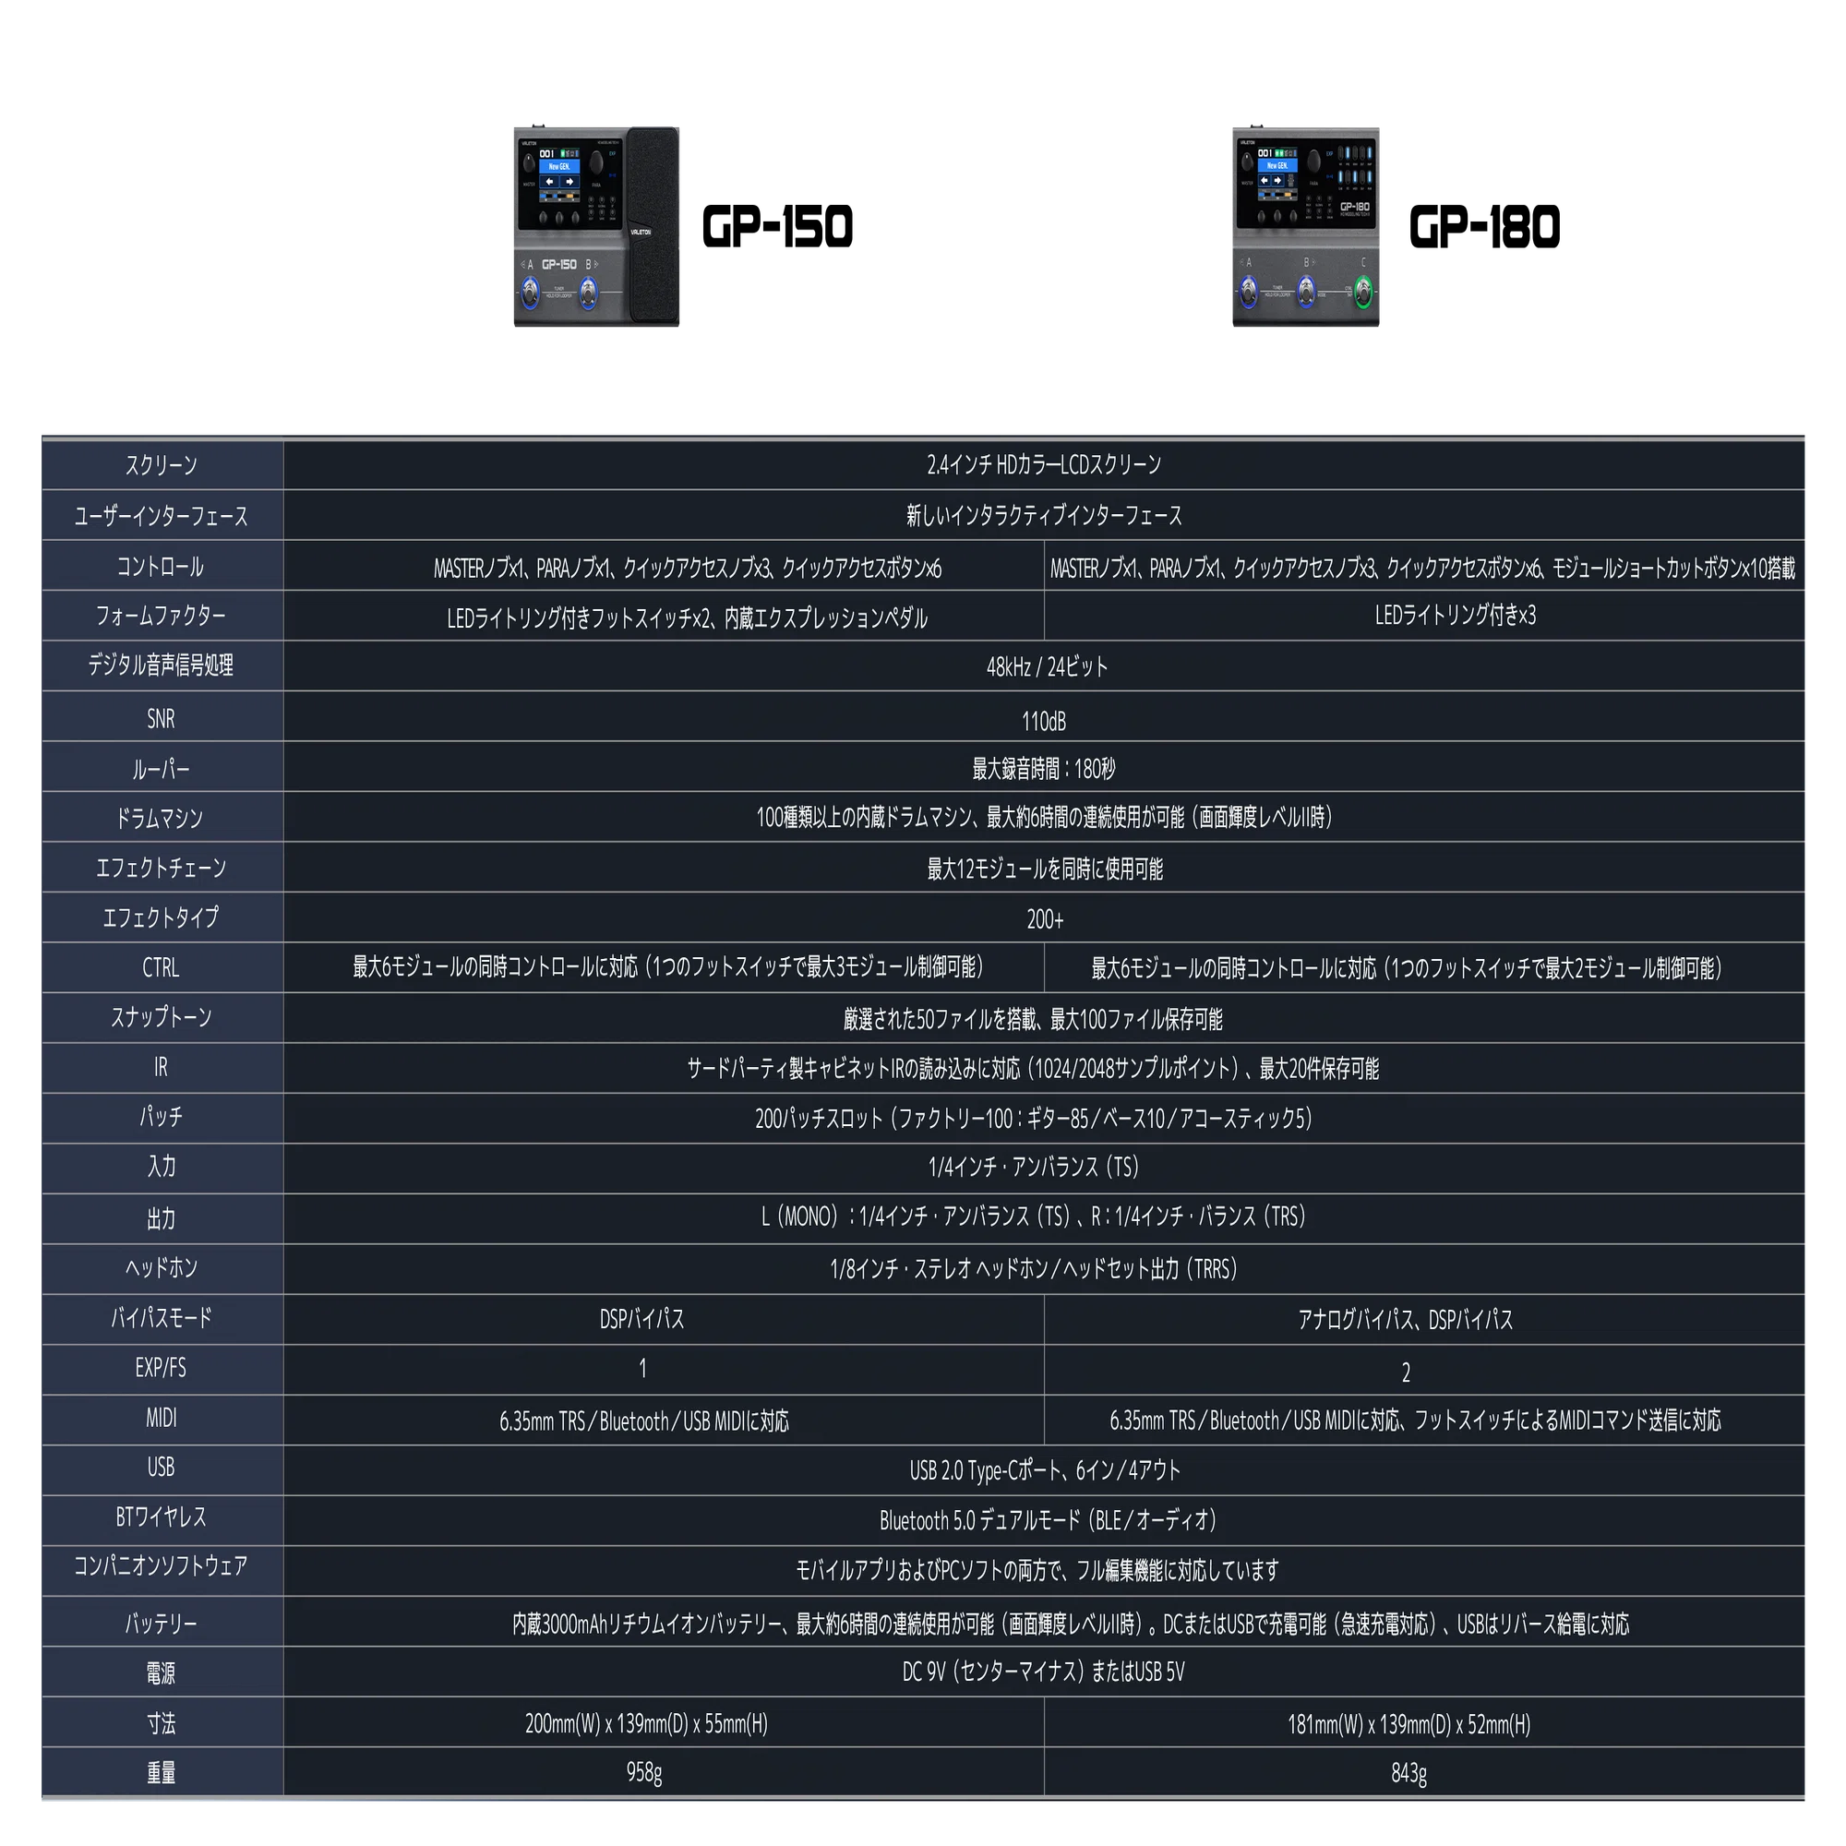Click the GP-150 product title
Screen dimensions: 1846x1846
point(777,227)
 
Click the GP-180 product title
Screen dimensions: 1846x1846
point(1484,227)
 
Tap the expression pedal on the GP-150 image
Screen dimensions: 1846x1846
point(653,225)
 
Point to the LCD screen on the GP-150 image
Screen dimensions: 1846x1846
point(559,174)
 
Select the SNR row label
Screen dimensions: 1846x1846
point(161,718)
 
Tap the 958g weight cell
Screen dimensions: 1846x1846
point(644,1773)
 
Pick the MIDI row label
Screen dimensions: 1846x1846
point(161,1418)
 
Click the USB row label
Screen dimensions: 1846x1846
point(161,1467)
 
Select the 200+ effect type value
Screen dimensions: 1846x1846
point(1044,919)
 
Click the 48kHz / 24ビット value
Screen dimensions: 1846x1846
point(1047,667)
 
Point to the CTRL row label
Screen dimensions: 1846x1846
point(161,968)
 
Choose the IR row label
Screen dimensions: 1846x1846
point(161,1067)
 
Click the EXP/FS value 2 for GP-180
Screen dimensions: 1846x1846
point(1406,1373)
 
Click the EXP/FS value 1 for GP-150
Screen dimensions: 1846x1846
point(643,1368)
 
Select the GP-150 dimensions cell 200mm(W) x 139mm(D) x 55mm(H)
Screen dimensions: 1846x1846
point(646,1723)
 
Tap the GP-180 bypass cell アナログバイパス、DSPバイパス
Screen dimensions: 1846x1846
point(1405,1320)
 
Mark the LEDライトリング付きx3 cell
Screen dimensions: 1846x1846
point(1455,616)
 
